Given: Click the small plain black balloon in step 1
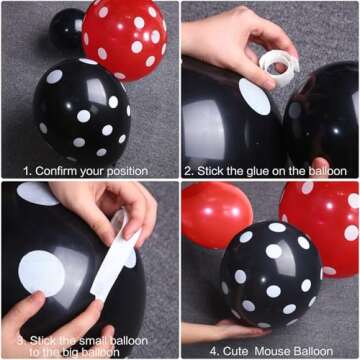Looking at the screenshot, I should [x=67, y=28].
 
